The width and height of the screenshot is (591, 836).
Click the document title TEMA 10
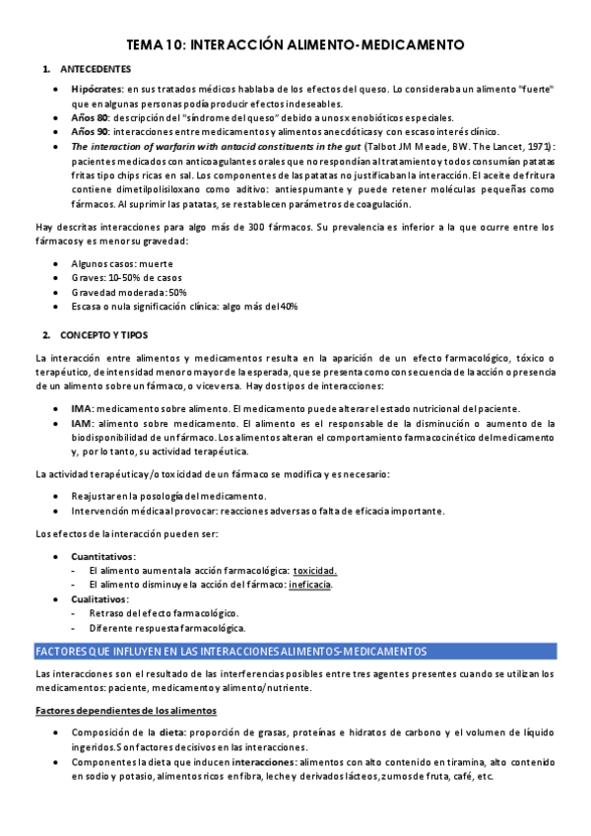tap(295, 45)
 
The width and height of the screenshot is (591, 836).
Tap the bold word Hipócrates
tap(97, 90)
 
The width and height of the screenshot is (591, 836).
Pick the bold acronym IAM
tap(82, 423)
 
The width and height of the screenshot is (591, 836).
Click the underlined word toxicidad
tap(315, 571)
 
